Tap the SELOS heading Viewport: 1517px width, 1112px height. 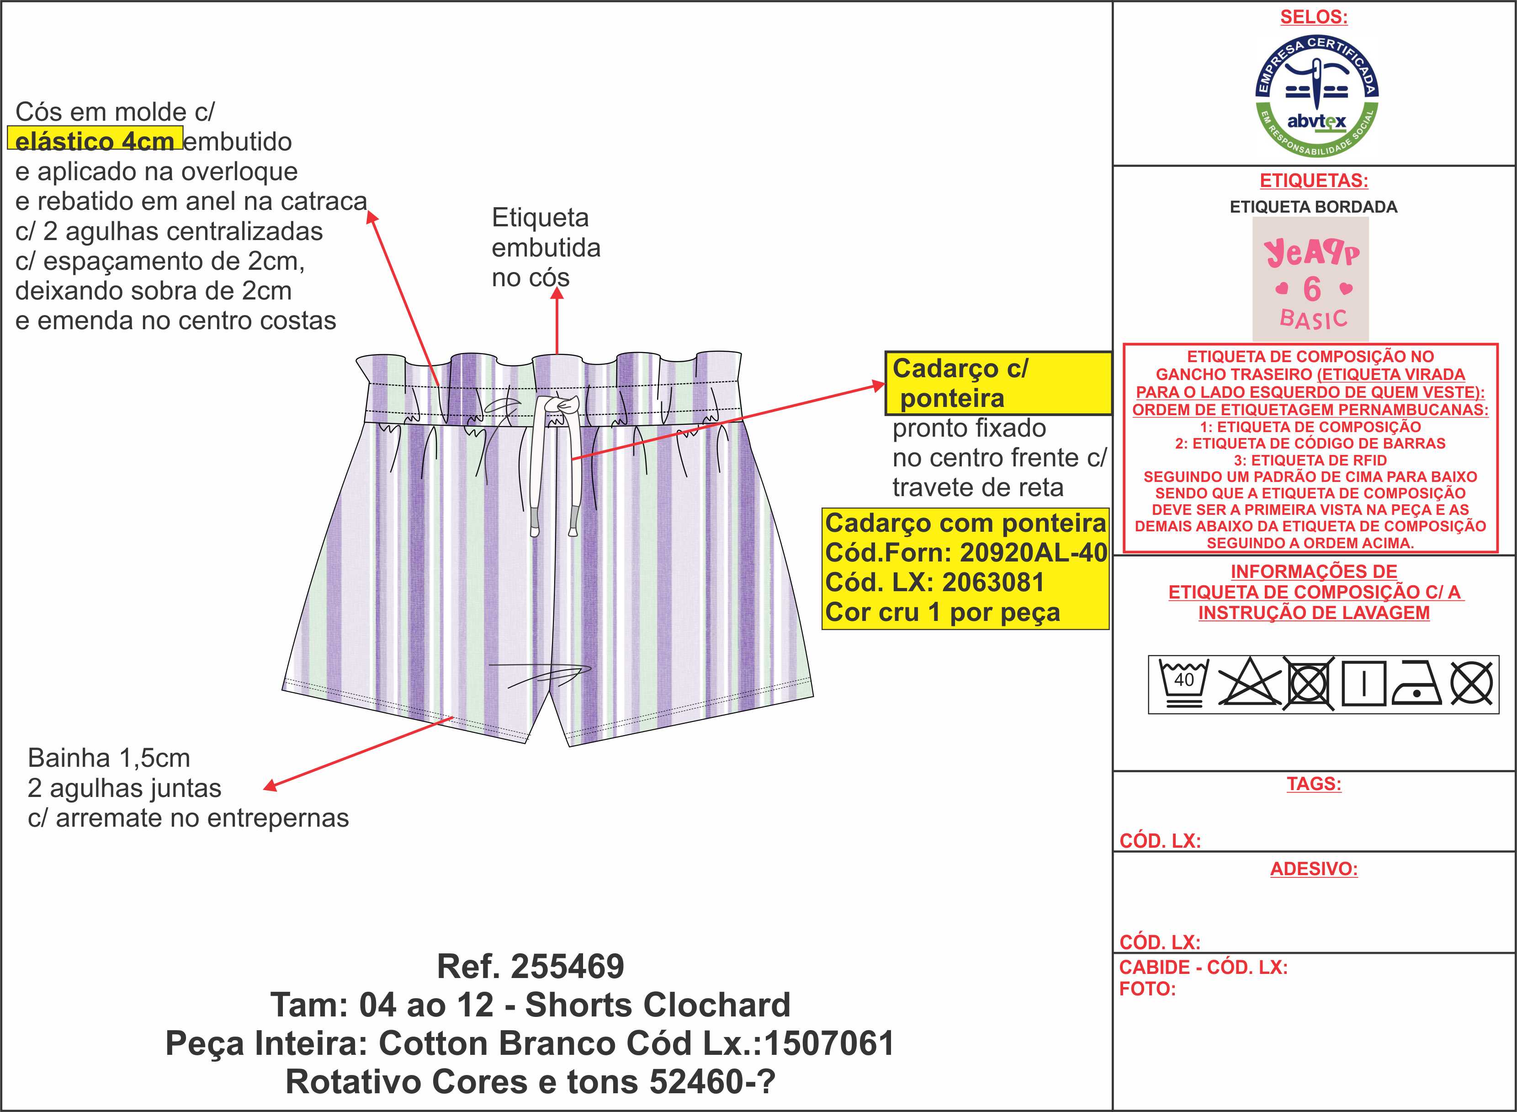point(1313,17)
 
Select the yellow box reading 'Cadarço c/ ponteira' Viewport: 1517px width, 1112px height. point(997,383)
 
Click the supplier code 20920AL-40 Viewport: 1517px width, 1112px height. point(1033,553)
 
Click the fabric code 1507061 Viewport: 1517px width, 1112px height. point(829,1044)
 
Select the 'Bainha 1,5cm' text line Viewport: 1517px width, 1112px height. point(109,759)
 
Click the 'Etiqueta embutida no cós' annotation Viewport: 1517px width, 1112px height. point(546,248)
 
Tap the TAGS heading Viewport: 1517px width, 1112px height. point(1313,784)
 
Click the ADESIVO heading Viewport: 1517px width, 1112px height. point(1313,869)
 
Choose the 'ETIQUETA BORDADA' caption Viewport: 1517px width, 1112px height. point(1313,207)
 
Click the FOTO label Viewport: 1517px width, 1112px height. point(1147,989)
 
